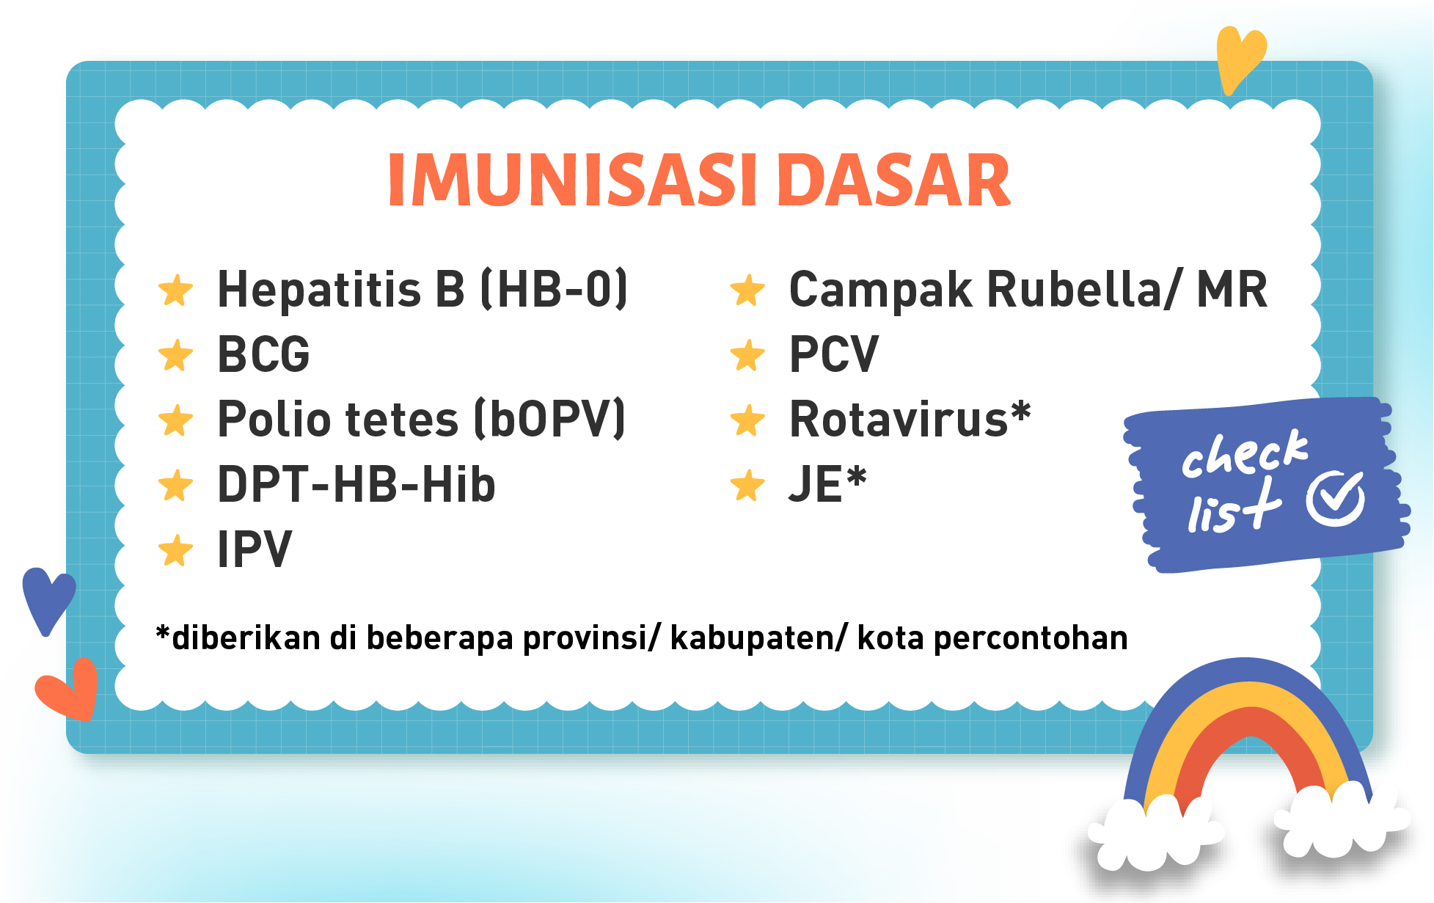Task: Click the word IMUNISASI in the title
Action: click(x=572, y=180)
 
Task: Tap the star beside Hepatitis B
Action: click(x=176, y=290)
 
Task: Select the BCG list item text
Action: click(x=264, y=354)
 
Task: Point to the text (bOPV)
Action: click(x=550, y=419)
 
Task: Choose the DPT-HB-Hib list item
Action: click(x=356, y=484)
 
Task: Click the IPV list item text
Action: click(x=255, y=549)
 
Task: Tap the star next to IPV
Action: click(x=176, y=550)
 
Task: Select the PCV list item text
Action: click(x=833, y=354)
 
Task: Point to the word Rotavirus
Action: click(x=899, y=419)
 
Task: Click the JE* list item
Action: click(x=827, y=484)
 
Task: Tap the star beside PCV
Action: click(x=747, y=355)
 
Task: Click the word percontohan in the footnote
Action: click(x=1031, y=638)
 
